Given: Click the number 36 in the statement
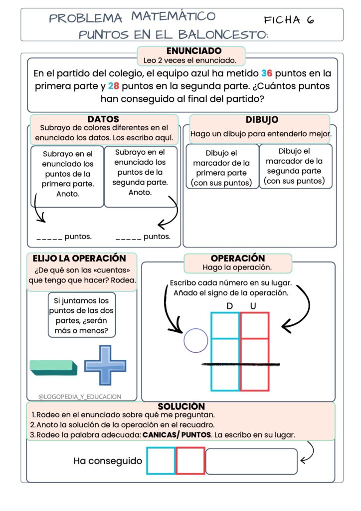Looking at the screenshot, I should point(267,73).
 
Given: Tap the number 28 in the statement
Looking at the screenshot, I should point(114,86).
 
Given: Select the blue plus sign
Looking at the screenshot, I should point(105,365).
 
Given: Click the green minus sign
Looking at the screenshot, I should point(53,368).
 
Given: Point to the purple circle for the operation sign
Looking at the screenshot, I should point(195,341).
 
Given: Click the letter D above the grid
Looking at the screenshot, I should point(230,305).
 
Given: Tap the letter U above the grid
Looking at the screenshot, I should point(253,305).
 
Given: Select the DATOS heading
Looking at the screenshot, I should point(103,119).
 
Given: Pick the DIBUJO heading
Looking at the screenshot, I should point(262,120).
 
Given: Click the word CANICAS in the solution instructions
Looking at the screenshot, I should point(159,435).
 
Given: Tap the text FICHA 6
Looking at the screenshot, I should point(289,20).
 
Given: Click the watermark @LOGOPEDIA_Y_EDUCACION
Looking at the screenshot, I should point(80,397).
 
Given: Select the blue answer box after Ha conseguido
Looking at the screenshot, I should point(161,461).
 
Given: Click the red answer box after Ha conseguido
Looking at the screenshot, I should point(190,461).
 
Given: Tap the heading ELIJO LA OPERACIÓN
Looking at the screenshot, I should point(79,258).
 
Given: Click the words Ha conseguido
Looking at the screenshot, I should point(108,461).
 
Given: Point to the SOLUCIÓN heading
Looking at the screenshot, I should point(181,407).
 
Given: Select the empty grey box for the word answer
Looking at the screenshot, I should point(251,461).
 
